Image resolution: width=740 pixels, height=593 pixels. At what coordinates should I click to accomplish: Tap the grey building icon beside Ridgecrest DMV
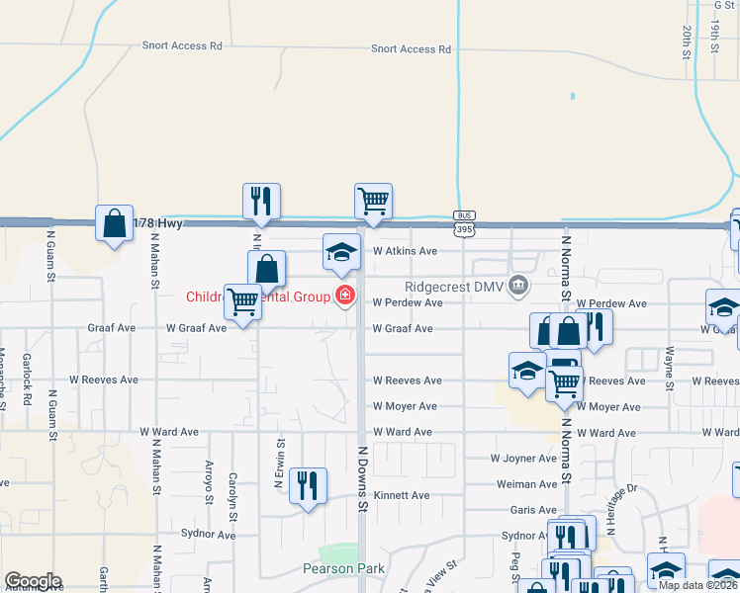[518, 287]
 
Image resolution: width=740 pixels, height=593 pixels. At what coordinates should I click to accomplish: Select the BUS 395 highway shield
[463, 223]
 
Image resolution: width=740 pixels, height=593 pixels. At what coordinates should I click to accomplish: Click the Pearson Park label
[343, 568]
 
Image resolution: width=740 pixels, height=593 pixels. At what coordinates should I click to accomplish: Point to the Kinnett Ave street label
[402, 495]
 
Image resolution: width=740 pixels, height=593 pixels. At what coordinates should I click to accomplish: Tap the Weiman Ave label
[527, 484]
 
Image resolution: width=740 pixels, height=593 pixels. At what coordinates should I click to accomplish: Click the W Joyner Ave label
[523, 459]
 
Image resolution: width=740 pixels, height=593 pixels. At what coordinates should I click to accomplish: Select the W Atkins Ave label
[404, 251]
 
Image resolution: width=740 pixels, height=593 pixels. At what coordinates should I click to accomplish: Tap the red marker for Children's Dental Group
[344, 295]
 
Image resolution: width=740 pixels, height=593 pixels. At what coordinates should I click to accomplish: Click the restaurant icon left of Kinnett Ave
[308, 485]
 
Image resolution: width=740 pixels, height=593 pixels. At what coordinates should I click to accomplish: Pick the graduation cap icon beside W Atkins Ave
[341, 252]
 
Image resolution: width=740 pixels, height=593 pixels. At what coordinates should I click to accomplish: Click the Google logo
[33, 581]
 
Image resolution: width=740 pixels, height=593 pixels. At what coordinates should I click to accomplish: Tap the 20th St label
[686, 42]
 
